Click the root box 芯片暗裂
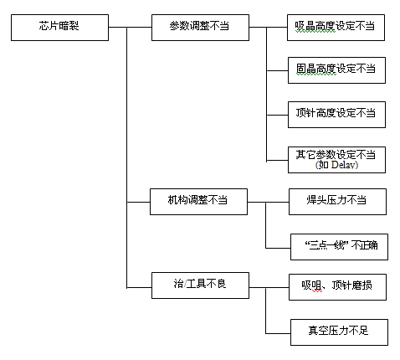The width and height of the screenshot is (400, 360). [x=59, y=28]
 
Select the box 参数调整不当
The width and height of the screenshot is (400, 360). [x=200, y=28]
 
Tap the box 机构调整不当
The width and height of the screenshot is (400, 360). [x=198, y=202]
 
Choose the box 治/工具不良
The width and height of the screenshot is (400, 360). [x=200, y=285]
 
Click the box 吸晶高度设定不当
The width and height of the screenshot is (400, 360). [x=336, y=28]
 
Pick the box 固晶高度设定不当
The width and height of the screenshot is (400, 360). [x=336, y=70]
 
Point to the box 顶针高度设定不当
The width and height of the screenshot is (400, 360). [x=336, y=115]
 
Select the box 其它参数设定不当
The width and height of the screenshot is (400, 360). [x=336, y=160]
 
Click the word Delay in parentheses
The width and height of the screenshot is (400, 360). [x=342, y=165]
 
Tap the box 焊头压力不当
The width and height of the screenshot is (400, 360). [x=337, y=202]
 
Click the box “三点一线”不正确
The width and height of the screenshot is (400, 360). [x=339, y=247]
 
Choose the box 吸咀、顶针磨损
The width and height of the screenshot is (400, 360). [x=337, y=287]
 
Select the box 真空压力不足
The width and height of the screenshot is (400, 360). [x=339, y=332]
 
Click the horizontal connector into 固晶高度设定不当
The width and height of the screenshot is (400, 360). [x=277, y=70]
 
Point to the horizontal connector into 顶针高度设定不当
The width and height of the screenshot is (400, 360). [x=277, y=115]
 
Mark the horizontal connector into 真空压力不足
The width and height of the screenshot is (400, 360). [x=278, y=333]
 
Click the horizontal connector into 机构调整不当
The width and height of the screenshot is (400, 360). [x=138, y=202]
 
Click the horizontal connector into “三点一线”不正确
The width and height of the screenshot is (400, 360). [x=278, y=248]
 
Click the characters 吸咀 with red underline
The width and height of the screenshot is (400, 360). [x=311, y=285]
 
